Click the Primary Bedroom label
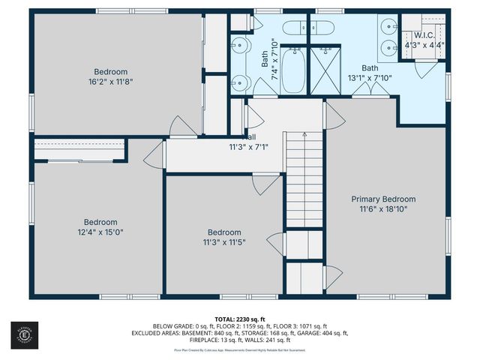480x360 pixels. (x=384, y=199)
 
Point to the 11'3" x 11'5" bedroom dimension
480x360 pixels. (x=224, y=242)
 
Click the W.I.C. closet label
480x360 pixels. (x=424, y=34)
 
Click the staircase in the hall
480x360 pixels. (x=303, y=180)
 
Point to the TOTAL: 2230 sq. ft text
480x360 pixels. (x=240, y=319)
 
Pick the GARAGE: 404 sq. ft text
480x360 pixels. (x=323, y=332)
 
